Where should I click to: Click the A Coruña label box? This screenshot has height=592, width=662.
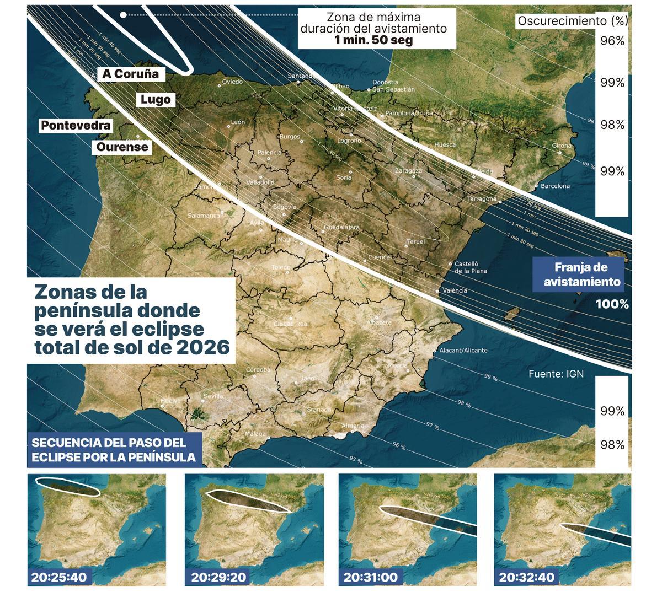(x=130, y=74)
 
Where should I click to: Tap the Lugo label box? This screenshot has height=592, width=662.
(x=156, y=100)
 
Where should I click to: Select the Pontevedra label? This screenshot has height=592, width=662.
(x=76, y=126)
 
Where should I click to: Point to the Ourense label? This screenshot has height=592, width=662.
(x=122, y=147)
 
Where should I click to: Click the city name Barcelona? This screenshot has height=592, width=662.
(x=555, y=186)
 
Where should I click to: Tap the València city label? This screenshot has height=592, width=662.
(x=455, y=290)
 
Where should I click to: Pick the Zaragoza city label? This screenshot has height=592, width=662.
(x=409, y=171)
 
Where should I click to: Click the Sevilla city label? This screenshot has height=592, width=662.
(x=213, y=396)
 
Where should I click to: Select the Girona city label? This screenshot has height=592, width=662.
(x=562, y=146)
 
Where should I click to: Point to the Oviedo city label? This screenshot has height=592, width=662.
(x=232, y=82)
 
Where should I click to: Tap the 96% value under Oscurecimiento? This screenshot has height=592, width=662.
(x=612, y=41)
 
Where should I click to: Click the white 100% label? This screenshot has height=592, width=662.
(x=612, y=304)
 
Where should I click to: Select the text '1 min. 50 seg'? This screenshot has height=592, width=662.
(x=373, y=40)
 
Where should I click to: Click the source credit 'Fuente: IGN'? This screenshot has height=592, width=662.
(x=556, y=374)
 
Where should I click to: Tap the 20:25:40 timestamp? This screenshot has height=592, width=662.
(x=60, y=578)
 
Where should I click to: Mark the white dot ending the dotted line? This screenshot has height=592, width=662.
(x=124, y=15)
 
